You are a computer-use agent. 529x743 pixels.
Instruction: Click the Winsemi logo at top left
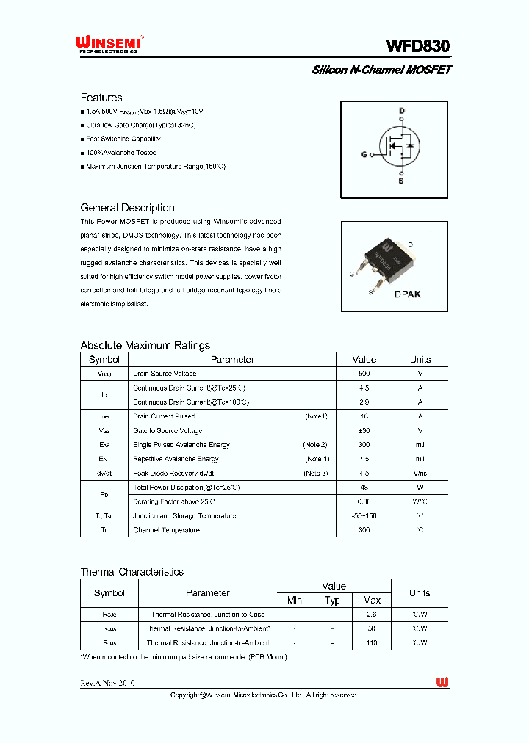click(x=110, y=45)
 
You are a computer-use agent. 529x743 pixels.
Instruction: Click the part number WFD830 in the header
click(x=418, y=46)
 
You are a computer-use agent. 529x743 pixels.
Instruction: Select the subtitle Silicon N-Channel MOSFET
click(x=381, y=70)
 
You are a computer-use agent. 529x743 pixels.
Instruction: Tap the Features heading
click(x=101, y=98)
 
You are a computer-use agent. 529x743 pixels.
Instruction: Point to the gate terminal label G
click(x=364, y=154)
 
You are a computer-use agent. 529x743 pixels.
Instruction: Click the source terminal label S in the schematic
click(x=401, y=180)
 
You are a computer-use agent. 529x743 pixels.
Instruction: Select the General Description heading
click(x=127, y=208)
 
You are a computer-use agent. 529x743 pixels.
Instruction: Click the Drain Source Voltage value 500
click(x=364, y=374)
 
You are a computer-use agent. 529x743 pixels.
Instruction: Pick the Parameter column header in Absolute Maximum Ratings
click(x=232, y=360)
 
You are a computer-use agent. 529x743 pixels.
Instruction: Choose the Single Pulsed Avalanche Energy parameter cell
click(x=181, y=445)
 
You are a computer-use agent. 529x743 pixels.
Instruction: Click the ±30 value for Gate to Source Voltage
click(x=364, y=431)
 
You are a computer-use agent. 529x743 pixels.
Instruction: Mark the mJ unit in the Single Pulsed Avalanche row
click(x=420, y=445)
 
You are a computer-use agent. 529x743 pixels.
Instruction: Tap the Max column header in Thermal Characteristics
click(x=372, y=601)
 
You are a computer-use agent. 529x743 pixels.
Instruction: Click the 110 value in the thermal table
click(x=372, y=642)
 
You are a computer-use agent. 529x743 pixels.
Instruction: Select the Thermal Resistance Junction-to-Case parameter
click(x=207, y=615)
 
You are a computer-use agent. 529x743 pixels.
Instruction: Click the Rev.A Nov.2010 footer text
click(x=107, y=683)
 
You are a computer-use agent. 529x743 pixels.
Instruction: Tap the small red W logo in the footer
click(x=442, y=683)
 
